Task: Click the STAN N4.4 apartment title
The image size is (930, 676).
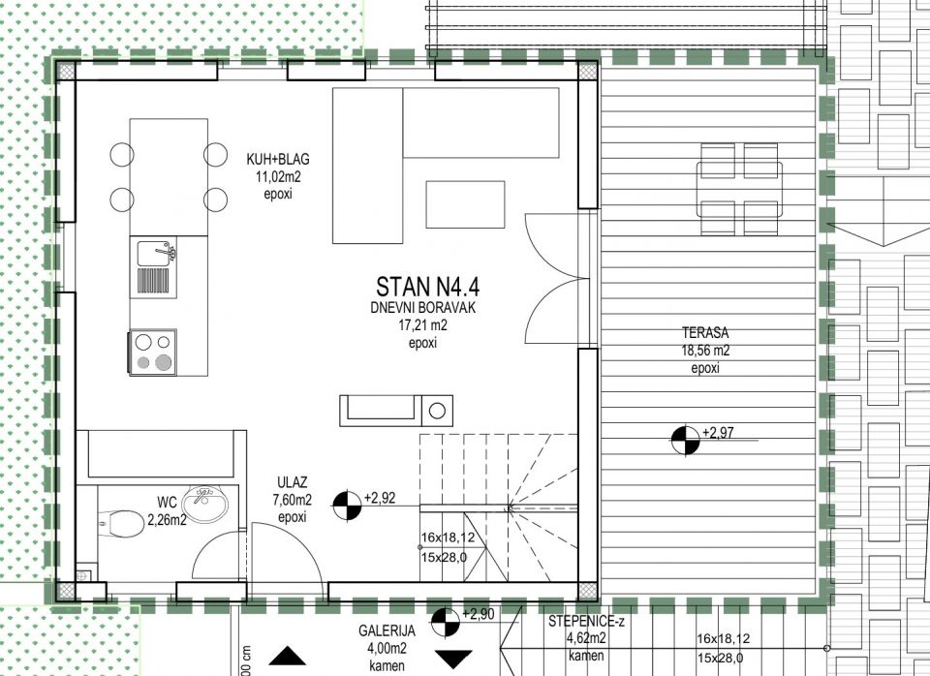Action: [427, 287]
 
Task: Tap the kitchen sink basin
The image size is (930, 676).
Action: [154, 254]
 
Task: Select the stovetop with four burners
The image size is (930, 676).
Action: [152, 353]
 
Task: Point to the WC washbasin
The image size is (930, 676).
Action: [204, 504]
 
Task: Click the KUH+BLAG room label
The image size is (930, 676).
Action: [278, 160]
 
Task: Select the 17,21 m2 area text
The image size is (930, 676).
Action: [423, 325]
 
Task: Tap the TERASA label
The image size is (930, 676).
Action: [705, 332]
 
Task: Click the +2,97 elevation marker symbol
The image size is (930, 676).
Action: [685, 441]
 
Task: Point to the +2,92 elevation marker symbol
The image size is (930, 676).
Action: [347, 506]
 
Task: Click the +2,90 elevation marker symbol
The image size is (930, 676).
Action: [446, 623]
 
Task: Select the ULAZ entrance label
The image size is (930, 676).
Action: [293, 482]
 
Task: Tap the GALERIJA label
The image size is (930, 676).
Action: [387, 630]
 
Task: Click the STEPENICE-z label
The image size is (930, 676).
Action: [586, 622]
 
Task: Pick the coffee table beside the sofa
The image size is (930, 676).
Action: [465, 204]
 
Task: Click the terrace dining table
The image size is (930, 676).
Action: [739, 189]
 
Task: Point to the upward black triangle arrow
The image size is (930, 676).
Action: [288, 656]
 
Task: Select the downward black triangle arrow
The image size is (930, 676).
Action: [453, 659]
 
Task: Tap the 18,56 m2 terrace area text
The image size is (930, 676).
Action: [705, 351]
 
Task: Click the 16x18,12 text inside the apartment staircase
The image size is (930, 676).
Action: [448, 538]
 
